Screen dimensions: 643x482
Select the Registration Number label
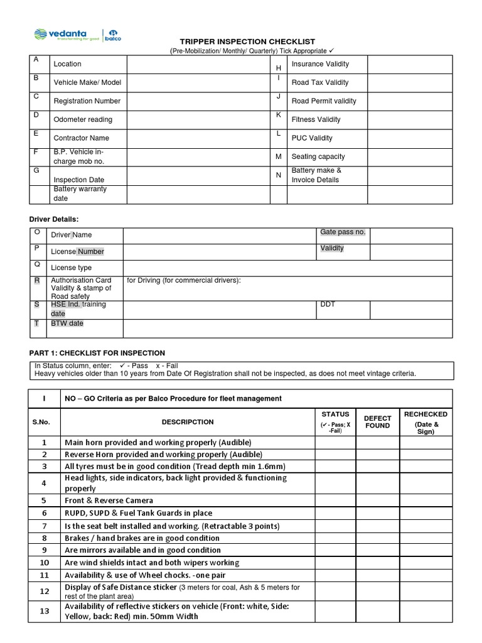click(87, 101)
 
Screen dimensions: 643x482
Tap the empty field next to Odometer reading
click(198, 119)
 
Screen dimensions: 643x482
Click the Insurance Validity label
click(320, 64)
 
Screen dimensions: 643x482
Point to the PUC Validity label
click(312, 138)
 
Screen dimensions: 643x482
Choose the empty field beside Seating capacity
click(409, 156)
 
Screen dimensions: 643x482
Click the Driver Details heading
click(55, 219)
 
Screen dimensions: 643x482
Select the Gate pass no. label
click(342, 232)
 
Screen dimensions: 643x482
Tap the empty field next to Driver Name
click(220, 235)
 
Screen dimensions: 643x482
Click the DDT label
click(328, 305)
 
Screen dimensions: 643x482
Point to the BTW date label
click(67, 323)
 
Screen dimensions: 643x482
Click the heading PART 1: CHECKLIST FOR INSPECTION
click(97, 353)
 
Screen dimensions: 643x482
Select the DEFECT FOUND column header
click(377, 422)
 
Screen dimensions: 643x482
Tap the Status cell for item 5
click(335, 500)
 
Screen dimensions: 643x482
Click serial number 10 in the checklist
click(45, 563)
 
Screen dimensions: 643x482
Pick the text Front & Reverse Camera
click(109, 500)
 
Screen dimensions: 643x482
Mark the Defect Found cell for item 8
click(377, 538)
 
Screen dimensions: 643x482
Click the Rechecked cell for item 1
click(426, 442)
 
